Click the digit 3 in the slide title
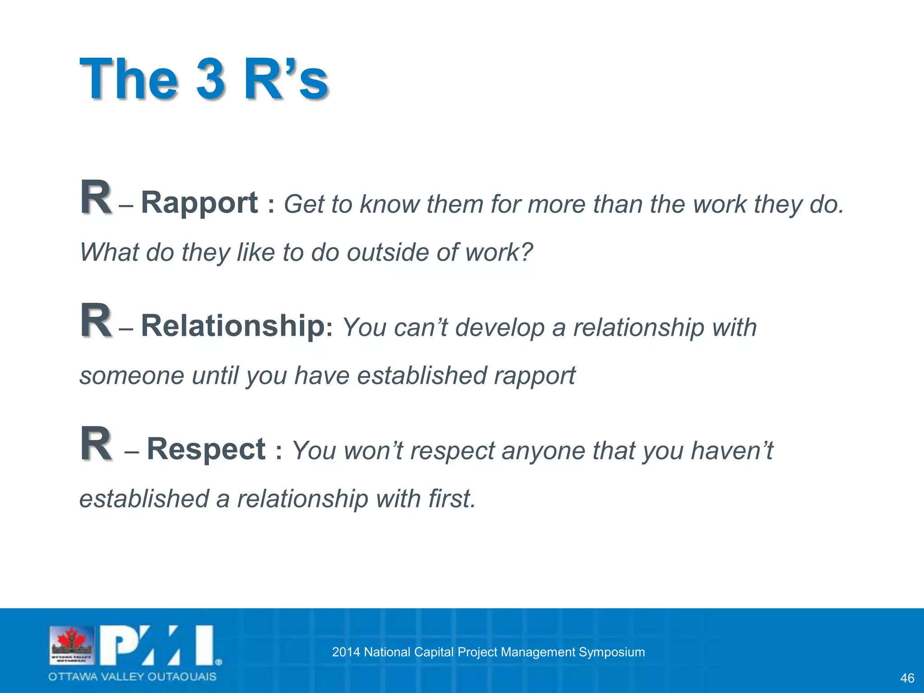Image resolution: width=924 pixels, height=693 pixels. pyautogui.click(x=210, y=79)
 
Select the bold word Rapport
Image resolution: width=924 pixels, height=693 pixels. pyautogui.click(x=199, y=203)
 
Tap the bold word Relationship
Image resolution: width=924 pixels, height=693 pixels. pyautogui.click(x=233, y=326)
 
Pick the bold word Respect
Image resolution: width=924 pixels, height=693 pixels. pyautogui.click(x=206, y=449)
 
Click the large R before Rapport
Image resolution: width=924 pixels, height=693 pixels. pyautogui.click(x=96, y=198)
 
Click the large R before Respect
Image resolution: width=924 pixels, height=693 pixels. pyautogui.click(x=96, y=444)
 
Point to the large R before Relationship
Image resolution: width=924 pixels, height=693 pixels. pyautogui.click(x=96, y=321)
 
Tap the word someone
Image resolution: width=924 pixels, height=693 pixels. pyautogui.click(x=132, y=375)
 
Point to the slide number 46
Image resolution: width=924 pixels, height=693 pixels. pyautogui.click(x=907, y=678)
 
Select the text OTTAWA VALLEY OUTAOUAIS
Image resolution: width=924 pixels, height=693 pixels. pyautogui.click(x=132, y=677)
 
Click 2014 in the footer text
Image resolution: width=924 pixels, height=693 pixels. pyautogui.click(x=346, y=652)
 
